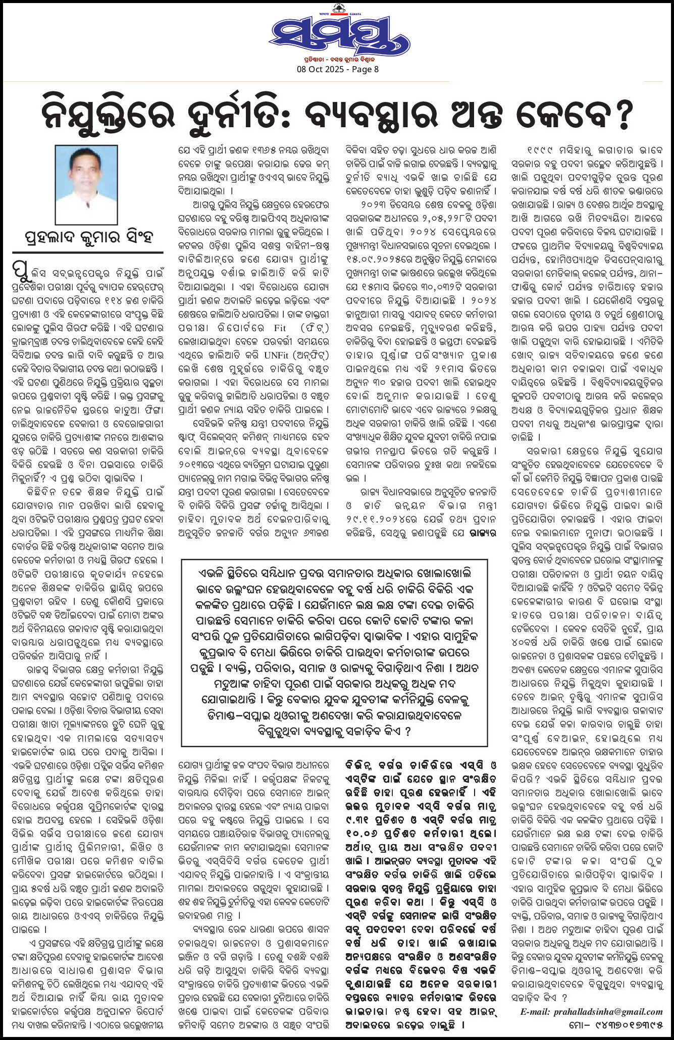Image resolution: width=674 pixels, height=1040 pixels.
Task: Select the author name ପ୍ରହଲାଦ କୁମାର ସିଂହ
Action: (88, 236)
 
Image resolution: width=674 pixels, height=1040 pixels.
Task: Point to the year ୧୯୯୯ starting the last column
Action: (540, 150)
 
